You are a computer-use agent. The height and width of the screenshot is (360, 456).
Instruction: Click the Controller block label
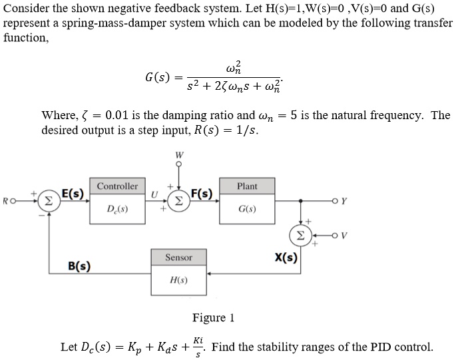tap(117, 186)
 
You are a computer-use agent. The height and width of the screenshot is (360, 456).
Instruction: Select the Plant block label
tap(247, 186)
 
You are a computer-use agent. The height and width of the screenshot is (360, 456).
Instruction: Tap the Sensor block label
tap(179, 257)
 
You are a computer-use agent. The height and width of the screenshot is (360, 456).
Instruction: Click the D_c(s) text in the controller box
tap(117, 210)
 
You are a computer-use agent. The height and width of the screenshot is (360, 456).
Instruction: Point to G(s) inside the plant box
tap(247, 210)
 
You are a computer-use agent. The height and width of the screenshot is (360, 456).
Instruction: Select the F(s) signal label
tap(202, 194)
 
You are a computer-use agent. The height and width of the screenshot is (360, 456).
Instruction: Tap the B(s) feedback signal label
tap(81, 266)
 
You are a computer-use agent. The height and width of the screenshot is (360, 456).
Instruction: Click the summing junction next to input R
tap(46, 199)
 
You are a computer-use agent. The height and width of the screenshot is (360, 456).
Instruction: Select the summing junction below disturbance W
tap(178, 200)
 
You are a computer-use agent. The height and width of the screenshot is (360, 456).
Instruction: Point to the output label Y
tap(344, 199)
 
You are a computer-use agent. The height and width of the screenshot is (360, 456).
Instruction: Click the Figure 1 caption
tap(213, 317)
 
